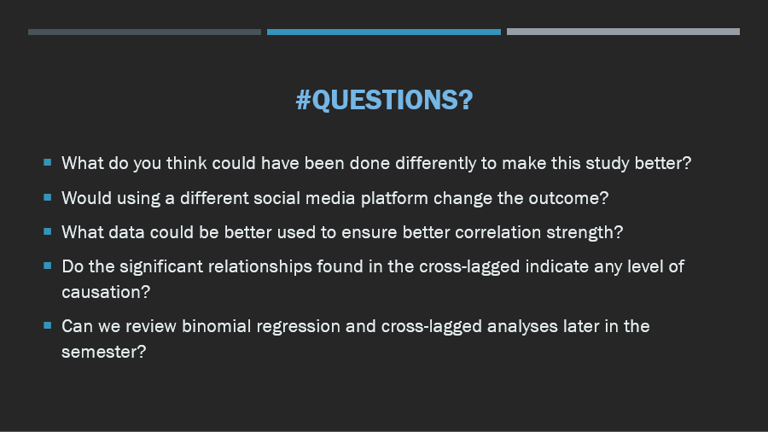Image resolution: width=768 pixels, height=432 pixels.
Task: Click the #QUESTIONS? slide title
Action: coord(385,100)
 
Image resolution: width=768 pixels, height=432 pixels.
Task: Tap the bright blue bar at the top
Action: coord(383,32)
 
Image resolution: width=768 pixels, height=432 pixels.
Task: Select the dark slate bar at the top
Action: coord(144,32)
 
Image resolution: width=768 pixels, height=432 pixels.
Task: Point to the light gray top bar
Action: coord(623,32)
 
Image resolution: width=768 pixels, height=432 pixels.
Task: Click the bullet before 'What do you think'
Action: coord(48,162)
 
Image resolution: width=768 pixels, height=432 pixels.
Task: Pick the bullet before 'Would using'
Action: coord(48,197)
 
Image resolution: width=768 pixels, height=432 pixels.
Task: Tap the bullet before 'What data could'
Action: coord(48,231)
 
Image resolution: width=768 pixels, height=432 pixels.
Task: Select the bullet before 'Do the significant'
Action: coord(48,266)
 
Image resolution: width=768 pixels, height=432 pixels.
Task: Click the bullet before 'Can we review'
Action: coord(48,324)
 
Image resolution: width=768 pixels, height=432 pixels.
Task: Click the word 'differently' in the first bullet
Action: coord(435,164)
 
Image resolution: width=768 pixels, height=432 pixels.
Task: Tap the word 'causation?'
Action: coord(106,292)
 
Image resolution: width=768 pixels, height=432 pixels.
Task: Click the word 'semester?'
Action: coord(104,352)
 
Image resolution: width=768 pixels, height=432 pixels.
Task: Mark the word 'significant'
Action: coord(161,267)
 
